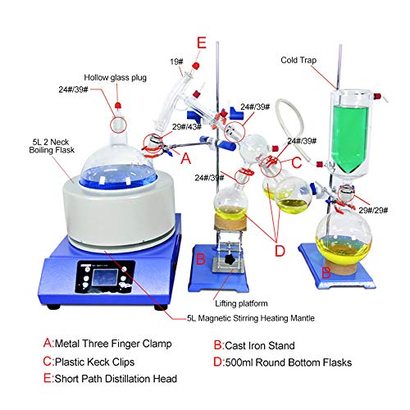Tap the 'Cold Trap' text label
point(299,60)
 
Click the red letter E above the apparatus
point(202,42)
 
